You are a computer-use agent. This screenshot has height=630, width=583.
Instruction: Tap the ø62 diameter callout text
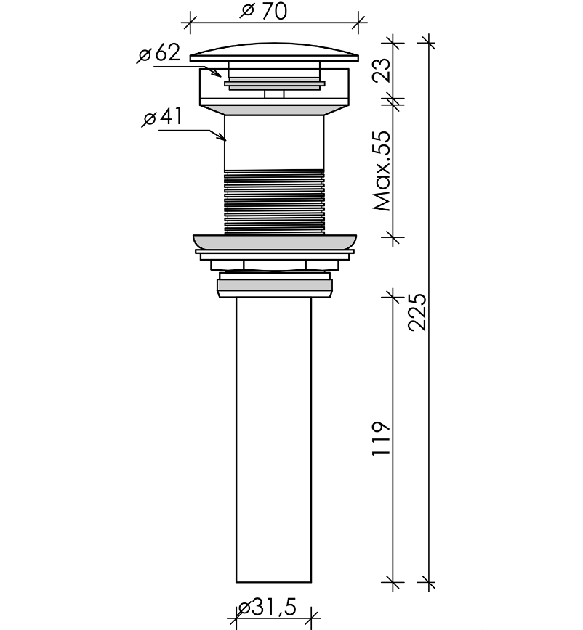[x=158, y=53]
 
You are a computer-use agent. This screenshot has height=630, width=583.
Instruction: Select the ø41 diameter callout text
[x=163, y=117]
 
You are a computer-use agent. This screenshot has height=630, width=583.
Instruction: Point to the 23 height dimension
[x=382, y=70]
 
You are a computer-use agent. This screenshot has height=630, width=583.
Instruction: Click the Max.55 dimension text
[x=382, y=171]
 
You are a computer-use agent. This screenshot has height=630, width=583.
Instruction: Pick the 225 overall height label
[x=417, y=312]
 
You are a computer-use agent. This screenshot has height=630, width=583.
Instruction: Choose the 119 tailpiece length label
[x=381, y=438]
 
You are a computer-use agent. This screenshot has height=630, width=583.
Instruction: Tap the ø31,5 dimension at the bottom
[x=267, y=607]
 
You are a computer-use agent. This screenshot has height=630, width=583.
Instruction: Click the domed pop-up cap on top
[x=274, y=52]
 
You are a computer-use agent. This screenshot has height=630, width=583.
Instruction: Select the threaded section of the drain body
[x=274, y=202]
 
